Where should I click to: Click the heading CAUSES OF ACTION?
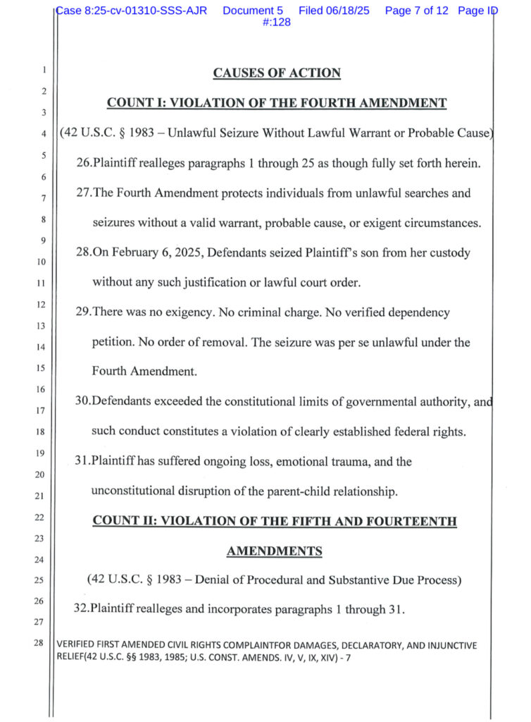tap(277, 73)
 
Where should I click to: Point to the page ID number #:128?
tap(277, 23)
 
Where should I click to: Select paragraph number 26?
tap(82, 164)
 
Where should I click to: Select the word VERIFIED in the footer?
tap(76, 644)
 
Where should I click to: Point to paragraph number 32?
tap(82, 609)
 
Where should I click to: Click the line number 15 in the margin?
tap(42, 367)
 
